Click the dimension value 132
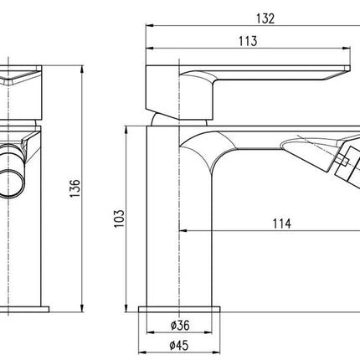point(265,18)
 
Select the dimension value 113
point(248,41)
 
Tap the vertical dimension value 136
point(75,188)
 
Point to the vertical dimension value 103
point(119,219)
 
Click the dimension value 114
point(282,224)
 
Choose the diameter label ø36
point(180,325)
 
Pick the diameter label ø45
point(179,346)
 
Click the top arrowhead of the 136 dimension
point(82,69)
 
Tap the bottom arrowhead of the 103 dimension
point(126,308)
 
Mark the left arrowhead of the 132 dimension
point(150,26)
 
